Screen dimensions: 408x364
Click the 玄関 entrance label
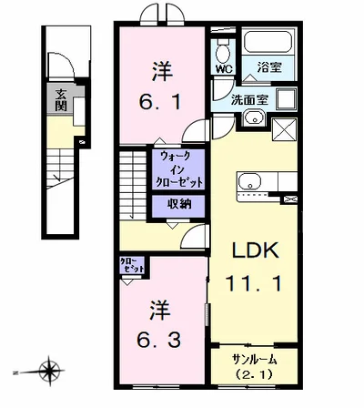[x=60, y=98]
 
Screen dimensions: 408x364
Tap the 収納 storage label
[x=178, y=202]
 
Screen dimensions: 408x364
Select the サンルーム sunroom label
[x=254, y=359]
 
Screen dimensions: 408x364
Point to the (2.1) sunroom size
[x=254, y=373]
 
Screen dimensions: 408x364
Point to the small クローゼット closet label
[x=132, y=266]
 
